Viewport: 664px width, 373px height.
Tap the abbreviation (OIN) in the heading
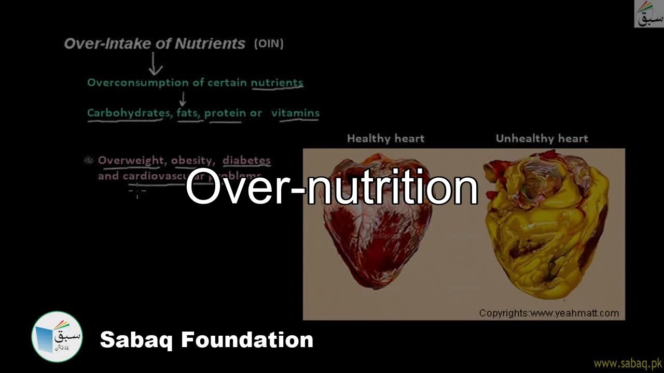pos(269,44)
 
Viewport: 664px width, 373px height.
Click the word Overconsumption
pos(130,83)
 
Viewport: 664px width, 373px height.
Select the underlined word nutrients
pos(277,83)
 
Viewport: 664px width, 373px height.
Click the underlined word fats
pos(188,113)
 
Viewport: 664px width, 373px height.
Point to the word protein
pos(225,113)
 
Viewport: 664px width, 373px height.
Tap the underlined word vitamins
pos(295,113)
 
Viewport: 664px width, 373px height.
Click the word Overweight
pos(131,160)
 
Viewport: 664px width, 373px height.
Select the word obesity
pos(191,161)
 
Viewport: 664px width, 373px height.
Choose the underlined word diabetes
pos(246,160)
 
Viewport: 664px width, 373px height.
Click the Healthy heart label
pos(385,138)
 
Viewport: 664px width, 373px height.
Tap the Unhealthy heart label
pos(542,138)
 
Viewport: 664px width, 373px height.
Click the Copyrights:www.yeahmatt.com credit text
pos(549,313)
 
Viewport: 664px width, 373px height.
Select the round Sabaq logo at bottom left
pos(57,337)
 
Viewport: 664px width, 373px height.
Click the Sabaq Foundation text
pos(206,340)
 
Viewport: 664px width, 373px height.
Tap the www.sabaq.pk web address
pos(628,363)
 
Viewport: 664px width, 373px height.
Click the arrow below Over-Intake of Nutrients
pos(155,64)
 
